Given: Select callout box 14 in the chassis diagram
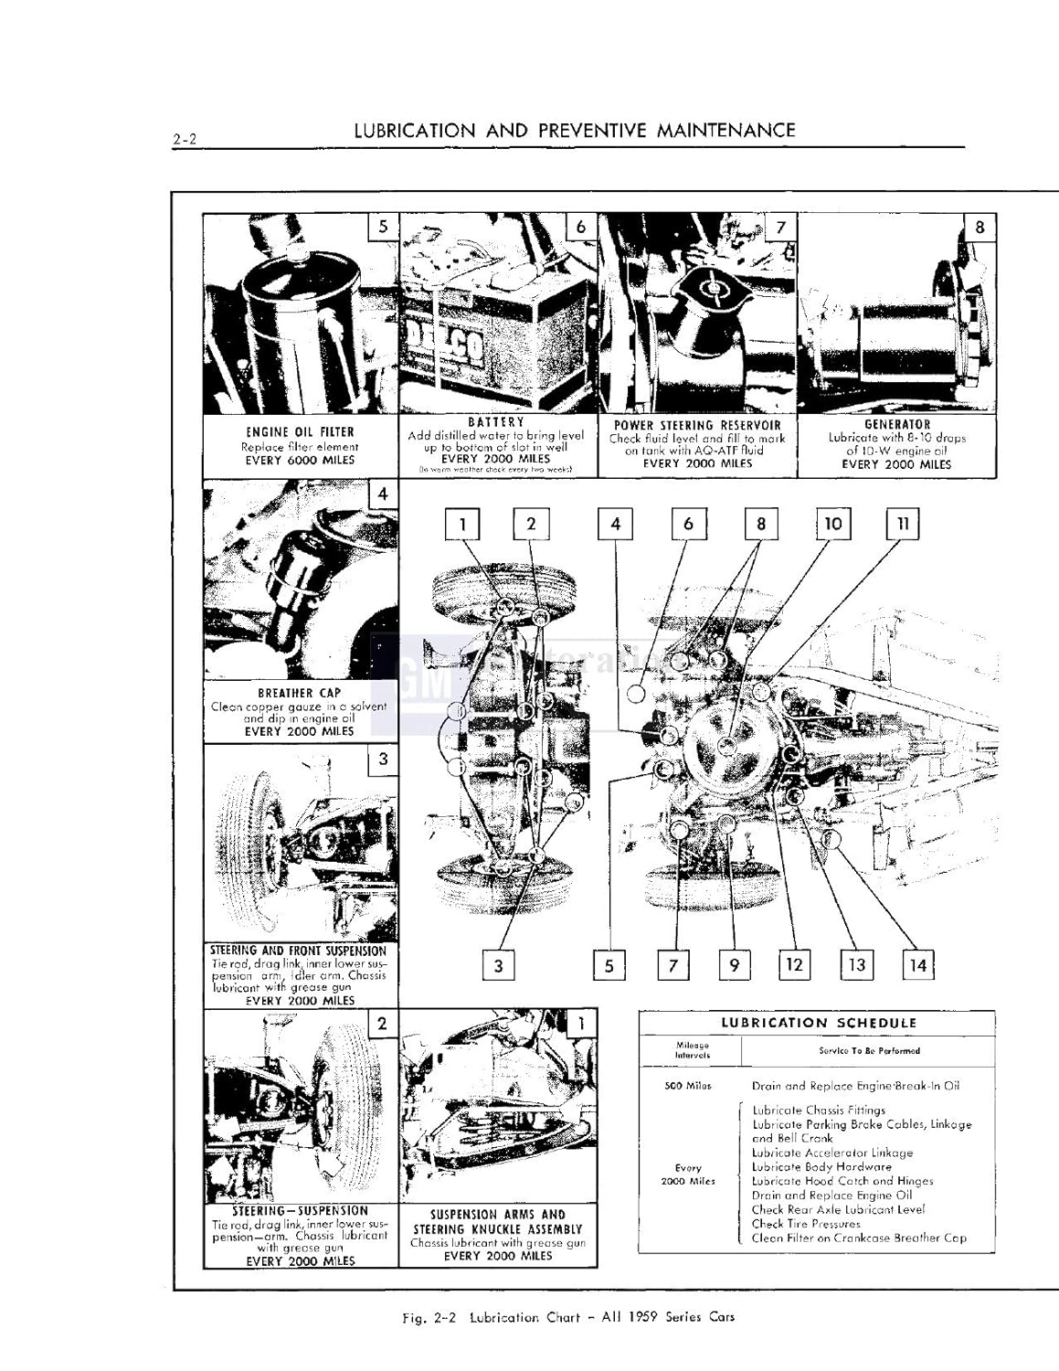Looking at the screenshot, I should tap(918, 965).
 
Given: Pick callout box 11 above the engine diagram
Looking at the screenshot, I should tap(902, 524).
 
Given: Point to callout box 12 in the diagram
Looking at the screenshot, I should tap(794, 965).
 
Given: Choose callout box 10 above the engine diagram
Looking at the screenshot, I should tap(832, 524).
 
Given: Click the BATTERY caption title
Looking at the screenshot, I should tap(496, 422).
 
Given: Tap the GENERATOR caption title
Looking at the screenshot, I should tap(896, 424).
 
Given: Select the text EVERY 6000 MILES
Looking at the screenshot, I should tap(300, 461).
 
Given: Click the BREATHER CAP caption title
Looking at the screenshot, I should tap(299, 694).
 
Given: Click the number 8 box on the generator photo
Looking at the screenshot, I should tap(980, 227).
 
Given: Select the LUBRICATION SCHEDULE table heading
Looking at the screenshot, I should tap(818, 1024).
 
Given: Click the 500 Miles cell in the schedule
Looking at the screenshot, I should tap(687, 1086).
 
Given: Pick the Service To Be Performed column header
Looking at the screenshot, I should tap(869, 1050).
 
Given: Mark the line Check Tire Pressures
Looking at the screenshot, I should tap(806, 1224).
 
